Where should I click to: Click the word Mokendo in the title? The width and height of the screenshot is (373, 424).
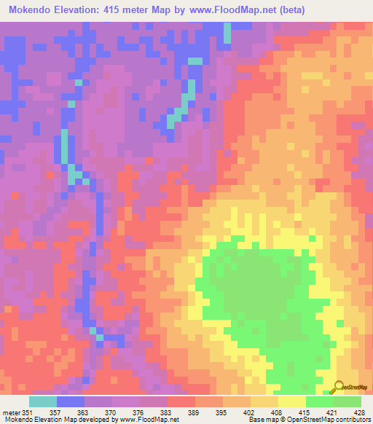(x=32, y=10)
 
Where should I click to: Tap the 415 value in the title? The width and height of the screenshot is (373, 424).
(x=121, y=10)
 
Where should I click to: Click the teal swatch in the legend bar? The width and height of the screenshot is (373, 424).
(x=43, y=401)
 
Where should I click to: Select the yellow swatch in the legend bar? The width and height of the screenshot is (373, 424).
(x=291, y=401)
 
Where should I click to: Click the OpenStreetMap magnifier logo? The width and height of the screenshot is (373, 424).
(x=337, y=387)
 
